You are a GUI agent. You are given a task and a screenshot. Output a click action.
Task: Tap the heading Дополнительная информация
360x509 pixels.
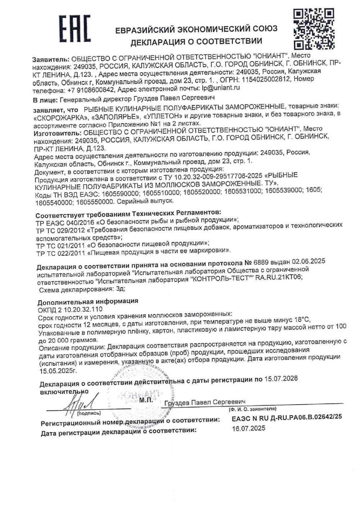point(88,301)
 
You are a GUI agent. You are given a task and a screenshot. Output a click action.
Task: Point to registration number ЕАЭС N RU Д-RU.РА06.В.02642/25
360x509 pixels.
point(287,417)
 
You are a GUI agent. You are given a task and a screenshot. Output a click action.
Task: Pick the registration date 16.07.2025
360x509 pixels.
point(249,428)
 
